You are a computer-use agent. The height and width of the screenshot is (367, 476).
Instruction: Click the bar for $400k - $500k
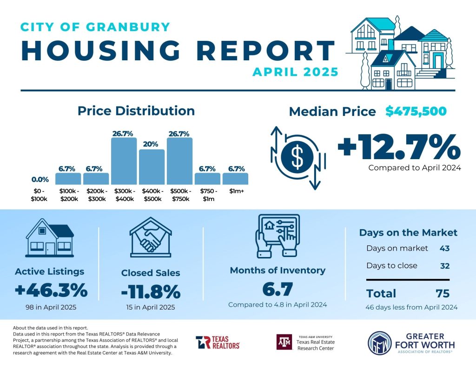tap(152, 167)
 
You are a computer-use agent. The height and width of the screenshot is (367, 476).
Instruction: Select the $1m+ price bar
tap(235, 179)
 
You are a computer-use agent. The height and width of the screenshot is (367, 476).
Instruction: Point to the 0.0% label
tap(40, 179)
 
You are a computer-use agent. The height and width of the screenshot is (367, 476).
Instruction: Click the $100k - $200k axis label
tap(68, 195)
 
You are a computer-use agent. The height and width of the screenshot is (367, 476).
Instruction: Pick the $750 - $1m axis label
tap(207, 195)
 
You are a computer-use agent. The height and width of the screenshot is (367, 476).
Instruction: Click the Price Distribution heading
tap(136, 111)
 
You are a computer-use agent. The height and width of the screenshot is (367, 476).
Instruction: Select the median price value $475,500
tap(416, 111)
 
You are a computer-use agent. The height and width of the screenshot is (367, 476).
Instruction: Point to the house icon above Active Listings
tap(50, 239)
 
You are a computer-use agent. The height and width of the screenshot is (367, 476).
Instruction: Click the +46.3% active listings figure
tap(51, 291)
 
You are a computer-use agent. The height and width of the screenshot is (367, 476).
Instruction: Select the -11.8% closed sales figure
tap(151, 292)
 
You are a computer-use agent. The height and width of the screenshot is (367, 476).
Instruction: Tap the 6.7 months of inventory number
tap(278, 290)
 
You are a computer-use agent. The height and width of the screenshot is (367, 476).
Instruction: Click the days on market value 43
tap(444, 248)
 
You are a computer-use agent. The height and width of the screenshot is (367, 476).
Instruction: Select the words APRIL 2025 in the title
tap(295, 72)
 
